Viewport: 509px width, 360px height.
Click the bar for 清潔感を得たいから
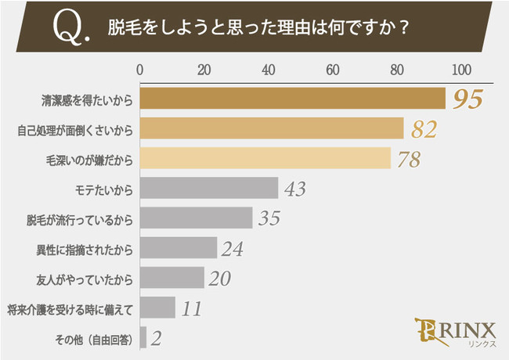[x=292, y=99]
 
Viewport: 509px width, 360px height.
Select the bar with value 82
[x=271, y=128]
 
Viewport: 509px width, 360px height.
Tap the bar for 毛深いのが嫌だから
[x=265, y=158]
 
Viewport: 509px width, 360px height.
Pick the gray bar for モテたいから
[x=208, y=188]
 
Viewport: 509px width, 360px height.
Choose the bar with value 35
[x=196, y=218]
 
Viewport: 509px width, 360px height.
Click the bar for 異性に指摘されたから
[x=178, y=247]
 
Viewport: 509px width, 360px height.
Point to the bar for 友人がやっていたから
[x=171, y=277]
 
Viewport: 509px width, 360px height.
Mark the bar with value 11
[x=157, y=307]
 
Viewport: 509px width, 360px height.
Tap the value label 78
[x=408, y=159]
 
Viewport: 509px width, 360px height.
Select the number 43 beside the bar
[x=294, y=189]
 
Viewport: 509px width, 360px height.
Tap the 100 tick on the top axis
[x=462, y=70]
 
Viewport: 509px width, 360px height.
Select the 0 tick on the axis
[x=140, y=70]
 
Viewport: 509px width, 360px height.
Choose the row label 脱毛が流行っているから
[x=81, y=218]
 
